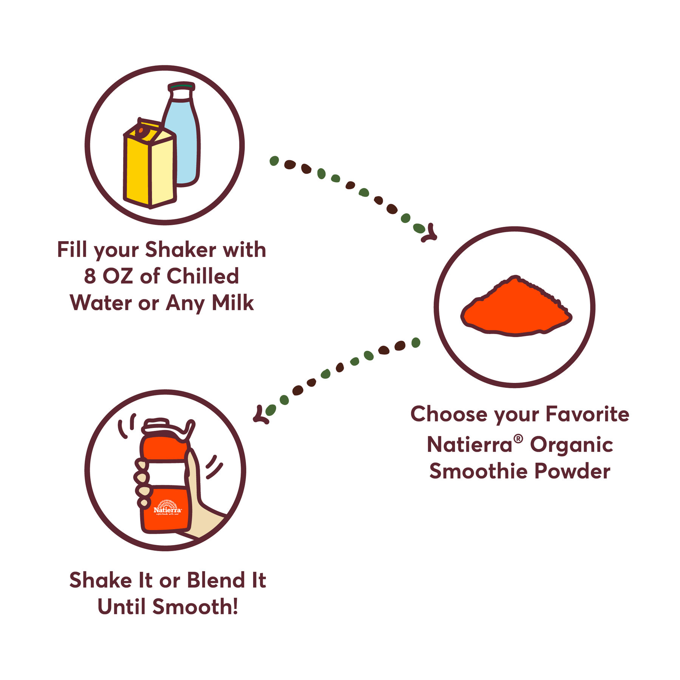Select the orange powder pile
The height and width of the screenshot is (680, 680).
(x=516, y=307)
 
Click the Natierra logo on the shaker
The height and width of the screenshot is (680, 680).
(x=168, y=508)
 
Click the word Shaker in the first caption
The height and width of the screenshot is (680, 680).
(x=181, y=250)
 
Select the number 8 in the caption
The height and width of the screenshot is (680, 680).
(x=90, y=276)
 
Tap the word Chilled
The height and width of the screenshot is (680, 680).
(x=203, y=276)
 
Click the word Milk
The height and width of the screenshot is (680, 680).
(x=233, y=303)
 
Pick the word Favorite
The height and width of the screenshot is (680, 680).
(x=587, y=414)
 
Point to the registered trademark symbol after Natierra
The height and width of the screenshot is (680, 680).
(x=518, y=439)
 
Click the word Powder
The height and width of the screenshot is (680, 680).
(x=573, y=471)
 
